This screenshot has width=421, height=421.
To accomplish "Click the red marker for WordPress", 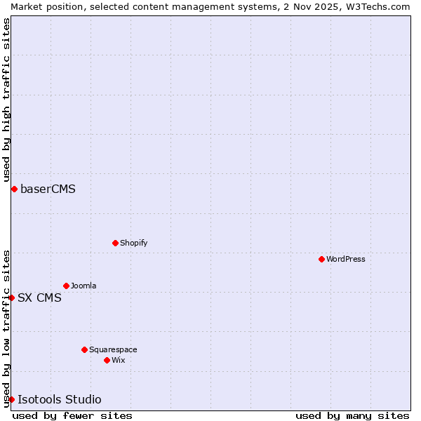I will (322, 259).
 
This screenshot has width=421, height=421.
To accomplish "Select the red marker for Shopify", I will (116, 243).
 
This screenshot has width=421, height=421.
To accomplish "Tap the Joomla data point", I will (67, 286).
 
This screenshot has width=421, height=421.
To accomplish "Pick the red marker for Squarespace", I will (85, 349).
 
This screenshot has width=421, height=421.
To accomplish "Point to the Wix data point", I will (107, 360).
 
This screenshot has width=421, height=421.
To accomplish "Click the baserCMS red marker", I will (14, 189).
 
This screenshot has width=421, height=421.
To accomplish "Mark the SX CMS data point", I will (12, 298).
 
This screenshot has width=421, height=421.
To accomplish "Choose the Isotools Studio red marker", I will (12, 399).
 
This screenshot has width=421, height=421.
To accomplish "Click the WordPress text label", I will (346, 259).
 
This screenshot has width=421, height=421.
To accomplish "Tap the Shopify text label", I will (133, 243).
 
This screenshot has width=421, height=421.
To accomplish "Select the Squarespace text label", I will (113, 349).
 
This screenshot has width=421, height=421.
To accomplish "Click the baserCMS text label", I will (48, 189).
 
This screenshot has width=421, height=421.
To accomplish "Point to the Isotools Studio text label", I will (59, 399).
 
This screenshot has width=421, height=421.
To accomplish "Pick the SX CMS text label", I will (39, 298).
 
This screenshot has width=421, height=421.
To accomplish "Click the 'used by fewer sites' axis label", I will (72, 415).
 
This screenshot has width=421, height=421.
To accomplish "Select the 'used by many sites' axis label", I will (352, 415).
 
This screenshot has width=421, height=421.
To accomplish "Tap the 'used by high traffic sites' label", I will (6, 100).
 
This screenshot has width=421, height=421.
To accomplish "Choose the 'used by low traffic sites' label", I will (6, 328).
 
